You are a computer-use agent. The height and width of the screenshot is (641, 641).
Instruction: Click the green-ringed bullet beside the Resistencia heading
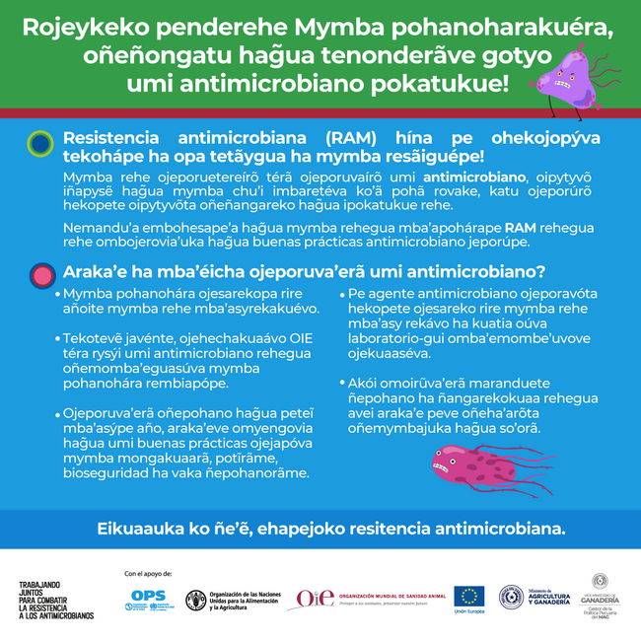pos(39,144)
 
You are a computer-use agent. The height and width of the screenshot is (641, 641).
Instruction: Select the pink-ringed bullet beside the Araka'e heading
pos(40,273)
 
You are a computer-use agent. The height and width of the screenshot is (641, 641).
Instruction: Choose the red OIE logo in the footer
pos(315,598)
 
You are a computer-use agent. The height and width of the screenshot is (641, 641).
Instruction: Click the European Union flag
pos(468,596)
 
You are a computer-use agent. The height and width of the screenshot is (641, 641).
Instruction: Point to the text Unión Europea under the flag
pos(468,612)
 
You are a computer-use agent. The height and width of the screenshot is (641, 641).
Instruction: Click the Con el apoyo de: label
pos(148,573)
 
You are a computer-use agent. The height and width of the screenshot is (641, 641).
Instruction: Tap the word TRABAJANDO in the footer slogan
pos(40,585)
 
